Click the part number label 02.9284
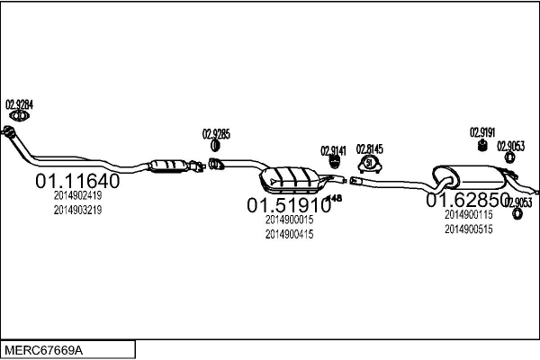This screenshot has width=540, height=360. click(x=20, y=103)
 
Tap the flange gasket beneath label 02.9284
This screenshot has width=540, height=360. click(x=20, y=114)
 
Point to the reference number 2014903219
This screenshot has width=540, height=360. click(x=77, y=210)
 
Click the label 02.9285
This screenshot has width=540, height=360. click(x=216, y=134)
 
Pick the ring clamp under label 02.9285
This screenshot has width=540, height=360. click(x=216, y=146)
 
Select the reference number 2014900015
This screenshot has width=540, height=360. click(x=289, y=220)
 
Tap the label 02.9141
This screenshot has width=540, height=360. click(x=333, y=150)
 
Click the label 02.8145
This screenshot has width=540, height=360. click(x=370, y=148)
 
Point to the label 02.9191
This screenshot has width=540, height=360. click(x=482, y=132)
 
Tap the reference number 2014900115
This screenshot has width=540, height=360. click(x=468, y=214)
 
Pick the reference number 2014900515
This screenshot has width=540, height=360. click(x=468, y=229)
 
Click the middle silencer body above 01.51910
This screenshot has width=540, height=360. click(x=291, y=178)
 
